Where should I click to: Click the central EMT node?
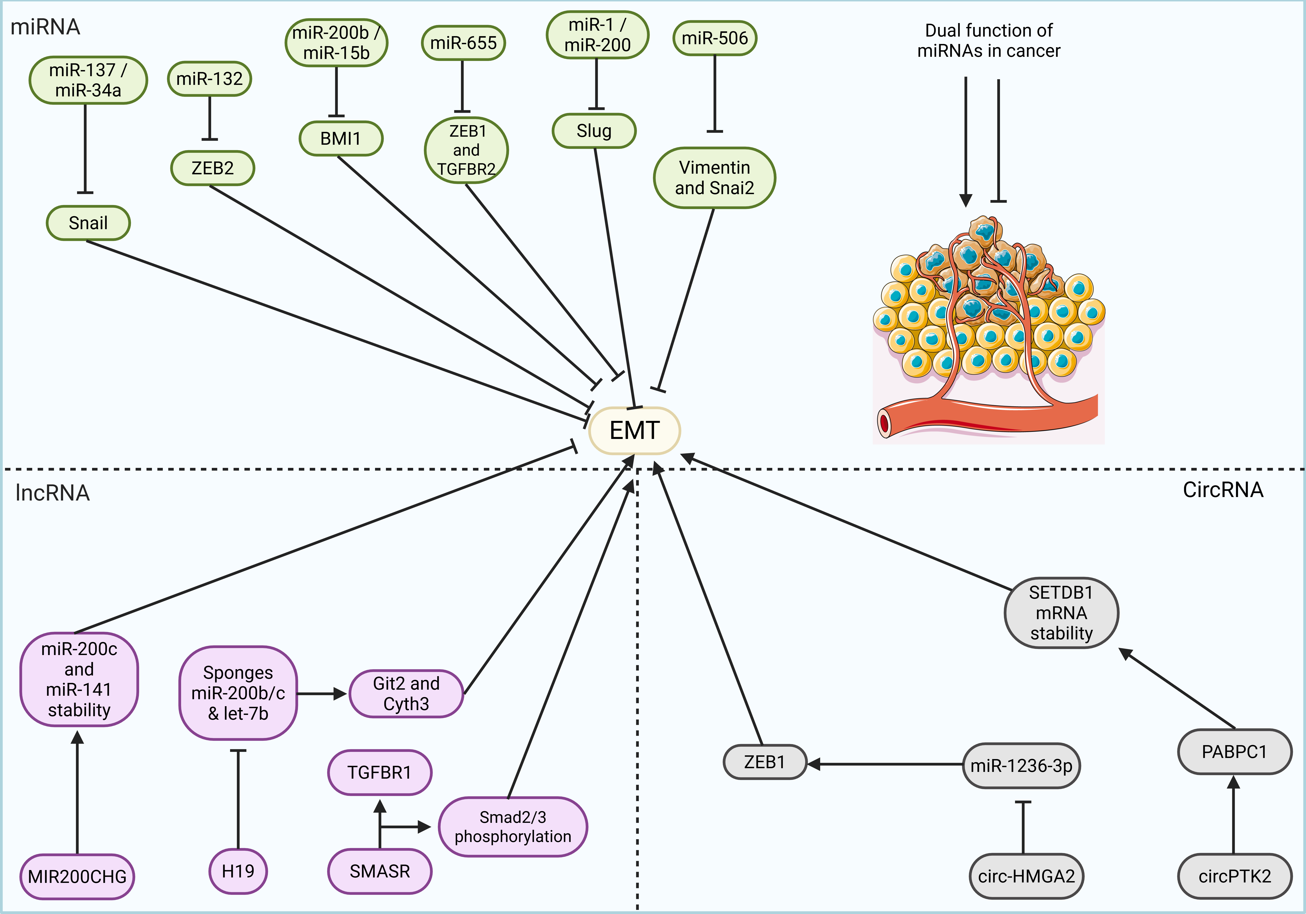tap(634, 430)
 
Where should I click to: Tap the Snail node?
tap(88, 223)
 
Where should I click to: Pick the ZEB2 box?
tap(212, 168)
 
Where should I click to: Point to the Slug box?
tap(594, 131)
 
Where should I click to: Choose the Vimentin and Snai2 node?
tap(714, 177)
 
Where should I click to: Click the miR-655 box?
tap(463, 43)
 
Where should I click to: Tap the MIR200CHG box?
tap(77, 877)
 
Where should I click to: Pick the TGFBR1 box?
tap(379, 772)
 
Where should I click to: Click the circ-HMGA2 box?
tap(1026, 876)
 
